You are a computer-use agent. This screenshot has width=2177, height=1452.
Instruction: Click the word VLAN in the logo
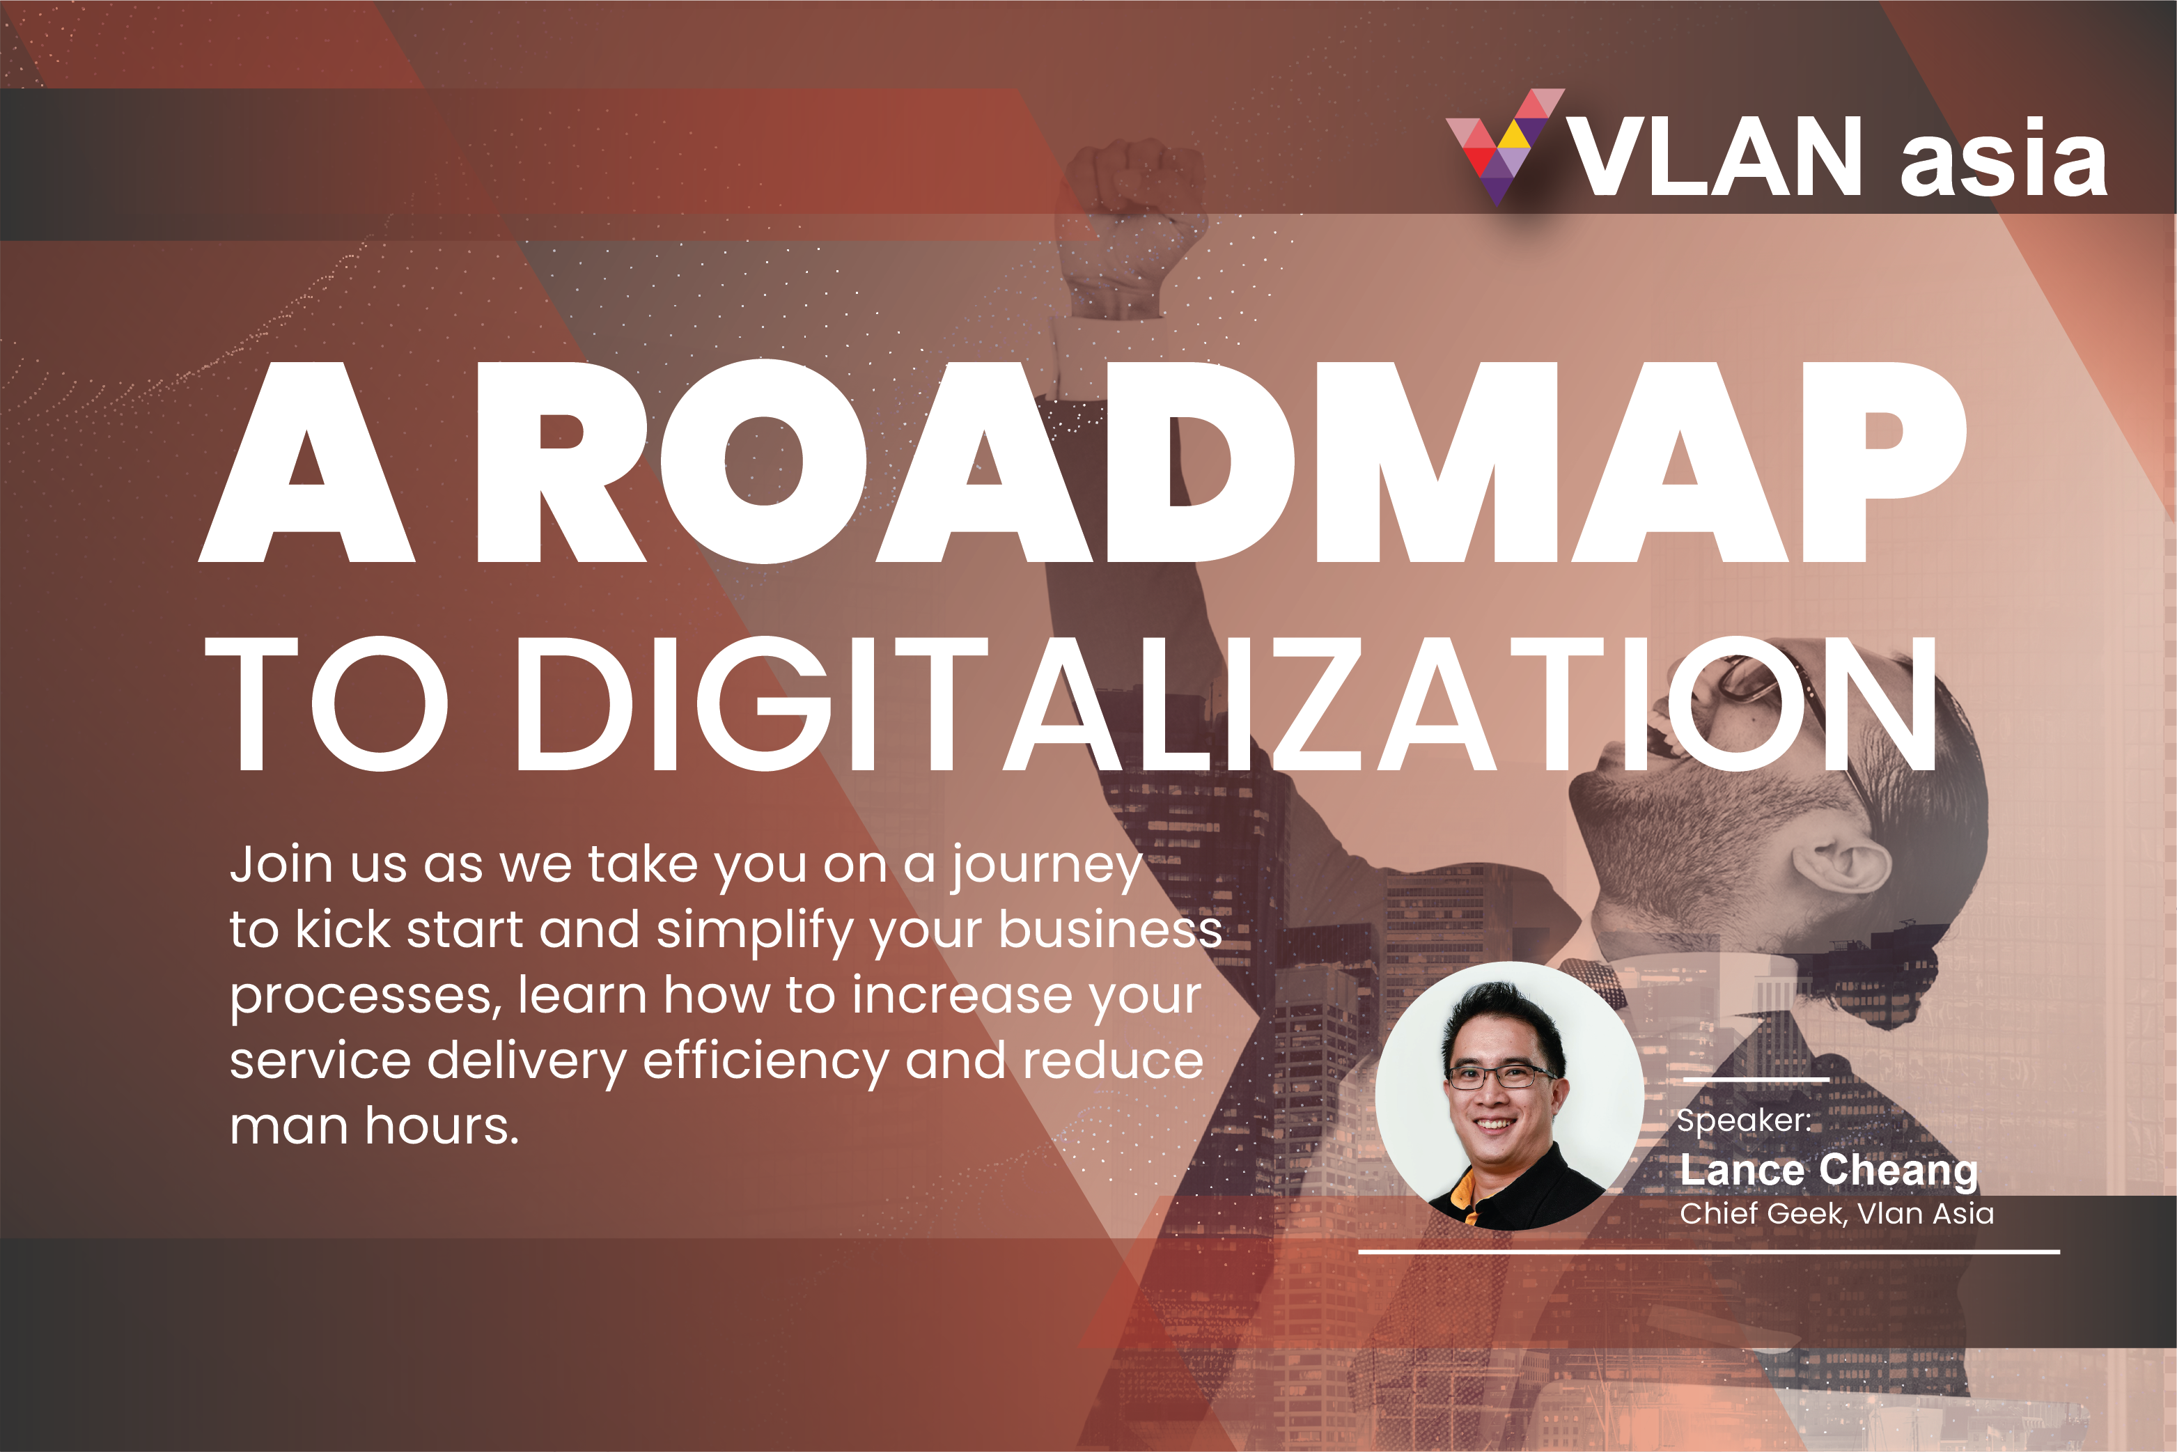pyautogui.click(x=1714, y=157)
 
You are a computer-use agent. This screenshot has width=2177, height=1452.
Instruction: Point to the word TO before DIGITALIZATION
pyautogui.click(x=326, y=704)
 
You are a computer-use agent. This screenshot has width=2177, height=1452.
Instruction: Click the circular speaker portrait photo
pyautogui.click(x=1509, y=1095)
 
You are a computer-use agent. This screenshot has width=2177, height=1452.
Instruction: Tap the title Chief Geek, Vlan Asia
pyautogui.click(x=1837, y=1213)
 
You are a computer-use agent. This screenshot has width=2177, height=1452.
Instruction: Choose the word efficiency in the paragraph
pyautogui.click(x=766, y=1062)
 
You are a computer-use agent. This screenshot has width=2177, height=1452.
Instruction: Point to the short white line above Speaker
pyautogui.click(x=1756, y=1079)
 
